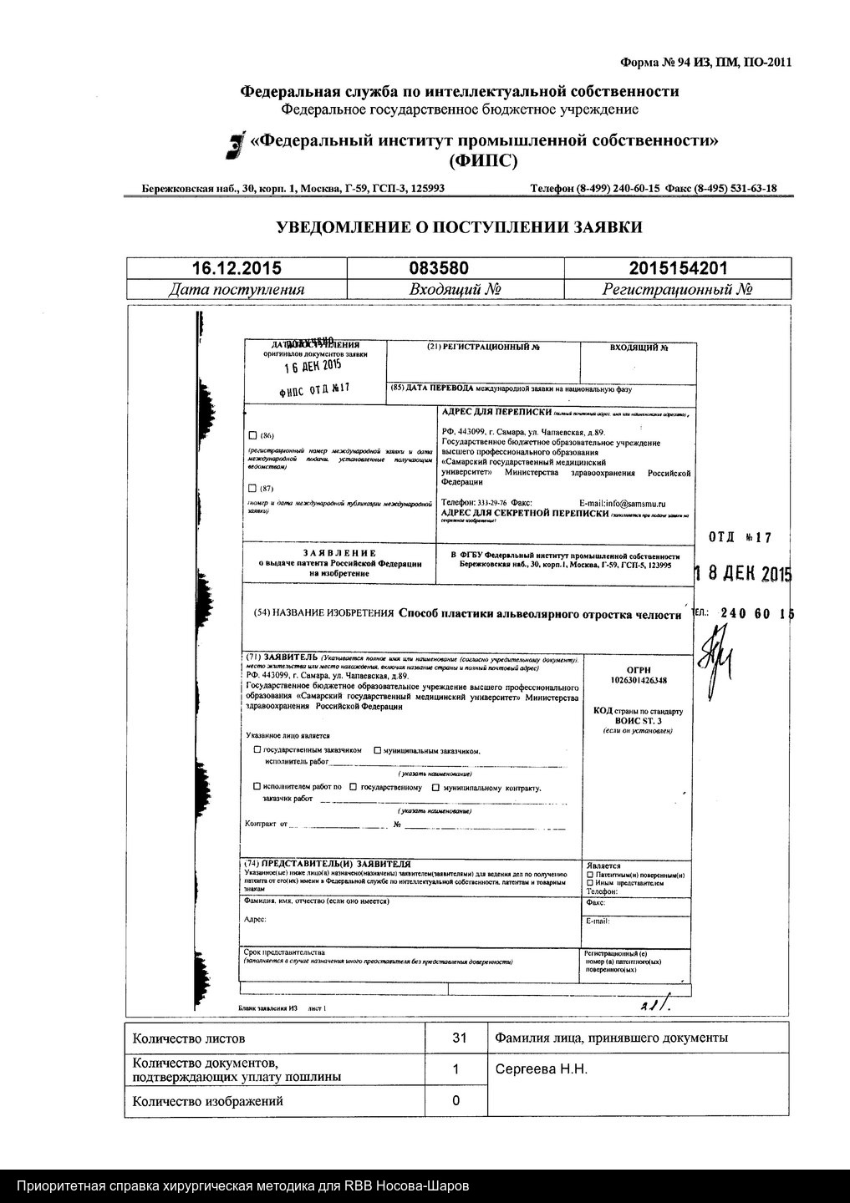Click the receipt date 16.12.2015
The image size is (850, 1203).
[237, 268]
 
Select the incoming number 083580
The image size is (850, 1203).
[439, 268]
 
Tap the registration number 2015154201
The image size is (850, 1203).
[678, 268]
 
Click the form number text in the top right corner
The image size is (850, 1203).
[705, 62]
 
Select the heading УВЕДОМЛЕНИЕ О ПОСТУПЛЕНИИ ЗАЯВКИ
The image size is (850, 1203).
[459, 227]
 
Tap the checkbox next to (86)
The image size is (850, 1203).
[254, 435]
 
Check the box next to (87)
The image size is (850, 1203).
[254, 488]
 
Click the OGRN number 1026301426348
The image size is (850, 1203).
[638, 681]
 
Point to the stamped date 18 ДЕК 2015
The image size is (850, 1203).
[743, 575]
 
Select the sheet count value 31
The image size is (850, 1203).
[459, 1038]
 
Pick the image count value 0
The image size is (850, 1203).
[456, 1100]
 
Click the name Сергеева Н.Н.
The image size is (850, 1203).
[541, 1069]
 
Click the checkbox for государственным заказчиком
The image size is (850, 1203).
[257, 750]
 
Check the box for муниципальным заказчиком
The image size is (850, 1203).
[377, 750]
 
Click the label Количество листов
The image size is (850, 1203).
[189, 1038]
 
